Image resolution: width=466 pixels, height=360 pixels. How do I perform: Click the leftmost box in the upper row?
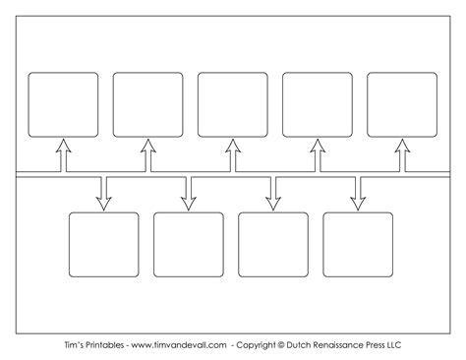point(63,104)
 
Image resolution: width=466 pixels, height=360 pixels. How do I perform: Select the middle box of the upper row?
point(233,104)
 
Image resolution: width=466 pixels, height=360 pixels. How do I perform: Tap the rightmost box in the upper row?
point(402,104)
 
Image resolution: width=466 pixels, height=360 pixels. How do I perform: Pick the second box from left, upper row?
point(147,104)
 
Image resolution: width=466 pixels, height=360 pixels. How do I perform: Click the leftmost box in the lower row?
point(104,245)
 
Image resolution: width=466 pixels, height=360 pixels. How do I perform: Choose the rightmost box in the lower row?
point(358,245)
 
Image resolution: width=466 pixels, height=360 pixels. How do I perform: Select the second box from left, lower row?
point(189,245)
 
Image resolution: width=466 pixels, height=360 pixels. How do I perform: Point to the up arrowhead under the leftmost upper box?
point(63,146)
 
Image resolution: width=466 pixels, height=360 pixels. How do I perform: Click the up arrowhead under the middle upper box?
point(233,146)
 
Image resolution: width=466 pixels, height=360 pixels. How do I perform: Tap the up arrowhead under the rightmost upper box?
point(402,146)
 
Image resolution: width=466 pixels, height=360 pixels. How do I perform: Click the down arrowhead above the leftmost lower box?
point(104,204)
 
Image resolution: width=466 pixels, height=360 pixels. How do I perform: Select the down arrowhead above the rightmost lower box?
point(358,204)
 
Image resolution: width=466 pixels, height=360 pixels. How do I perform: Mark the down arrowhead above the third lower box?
point(273,204)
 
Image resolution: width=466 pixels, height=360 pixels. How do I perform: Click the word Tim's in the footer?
point(72,345)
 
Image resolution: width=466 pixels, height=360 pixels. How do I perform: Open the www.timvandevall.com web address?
point(179,345)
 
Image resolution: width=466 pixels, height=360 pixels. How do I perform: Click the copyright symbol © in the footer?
point(281,345)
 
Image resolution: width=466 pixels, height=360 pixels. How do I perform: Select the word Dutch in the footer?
point(298,345)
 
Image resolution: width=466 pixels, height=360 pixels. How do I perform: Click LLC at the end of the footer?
point(394,345)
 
